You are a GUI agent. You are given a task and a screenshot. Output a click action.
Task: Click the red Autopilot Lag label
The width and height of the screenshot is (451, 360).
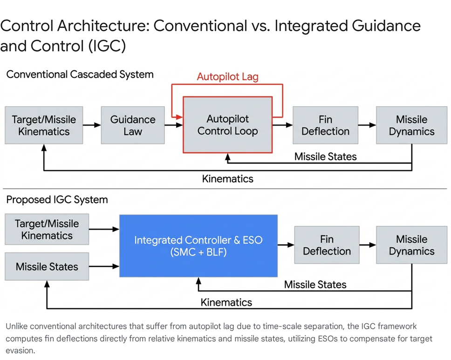pyautogui.click(x=227, y=77)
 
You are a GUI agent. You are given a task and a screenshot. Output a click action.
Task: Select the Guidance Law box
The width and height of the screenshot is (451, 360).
pyautogui.click(x=133, y=125)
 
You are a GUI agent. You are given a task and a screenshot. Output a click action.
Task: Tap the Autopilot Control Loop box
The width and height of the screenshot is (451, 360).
pyautogui.click(x=227, y=125)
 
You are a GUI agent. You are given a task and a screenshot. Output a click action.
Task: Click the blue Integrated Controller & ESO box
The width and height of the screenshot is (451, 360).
pyautogui.click(x=198, y=246)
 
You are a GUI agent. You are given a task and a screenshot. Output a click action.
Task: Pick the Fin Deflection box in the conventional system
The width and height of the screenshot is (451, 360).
pyautogui.click(x=325, y=125)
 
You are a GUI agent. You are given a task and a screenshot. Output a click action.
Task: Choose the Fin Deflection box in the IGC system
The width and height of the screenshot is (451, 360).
pyautogui.click(x=327, y=245)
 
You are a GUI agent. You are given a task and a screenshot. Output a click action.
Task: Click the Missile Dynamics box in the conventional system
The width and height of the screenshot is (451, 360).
pyautogui.click(x=411, y=125)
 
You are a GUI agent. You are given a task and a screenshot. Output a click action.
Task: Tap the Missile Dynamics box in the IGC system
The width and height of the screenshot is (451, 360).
pyautogui.click(x=411, y=245)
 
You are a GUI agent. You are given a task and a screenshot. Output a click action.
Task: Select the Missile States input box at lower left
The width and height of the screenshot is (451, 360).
pyautogui.click(x=47, y=266)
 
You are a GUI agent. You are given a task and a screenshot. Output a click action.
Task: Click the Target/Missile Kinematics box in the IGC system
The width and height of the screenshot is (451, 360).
pyautogui.click(x=47, y=229)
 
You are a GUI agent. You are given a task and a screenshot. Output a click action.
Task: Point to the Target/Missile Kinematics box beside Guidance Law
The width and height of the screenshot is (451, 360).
pyautogui.click(x=44, y=125)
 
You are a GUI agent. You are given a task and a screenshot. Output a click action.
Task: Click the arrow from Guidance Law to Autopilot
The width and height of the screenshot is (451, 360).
pyautogui.click(x=174, y=125)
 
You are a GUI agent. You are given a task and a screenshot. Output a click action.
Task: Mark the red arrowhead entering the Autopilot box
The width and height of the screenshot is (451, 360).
pyautogui.click(x=179, y=117)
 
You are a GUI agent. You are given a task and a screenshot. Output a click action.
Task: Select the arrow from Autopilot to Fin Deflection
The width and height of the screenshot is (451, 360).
pyautogui.click(x=282, y=125)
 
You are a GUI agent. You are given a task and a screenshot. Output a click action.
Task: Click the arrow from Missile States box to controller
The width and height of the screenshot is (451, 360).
pyautogui.click(x=104, y=266)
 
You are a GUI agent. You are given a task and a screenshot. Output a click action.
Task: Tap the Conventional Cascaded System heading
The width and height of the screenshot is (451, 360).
pyautogui.click(x=80, y=75)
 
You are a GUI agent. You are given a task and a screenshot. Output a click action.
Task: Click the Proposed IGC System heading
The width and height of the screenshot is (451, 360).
pyautogui.click(x=57, y=199)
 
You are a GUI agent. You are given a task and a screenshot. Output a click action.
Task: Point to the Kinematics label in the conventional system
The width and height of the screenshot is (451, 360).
pyautogui.click(x=227, y=179)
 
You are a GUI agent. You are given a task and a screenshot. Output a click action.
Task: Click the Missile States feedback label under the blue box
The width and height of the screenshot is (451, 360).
pyautogui.click(x=315, y=285)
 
